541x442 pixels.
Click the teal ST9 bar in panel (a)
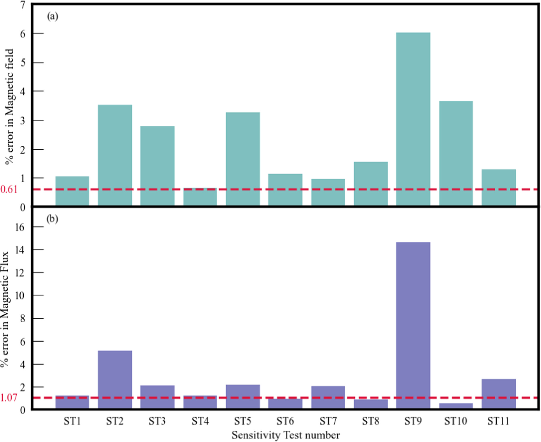[x=413, y=119]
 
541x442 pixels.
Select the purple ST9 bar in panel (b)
[x=413, y=325]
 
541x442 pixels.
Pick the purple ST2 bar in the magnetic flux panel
[x=115, y=379]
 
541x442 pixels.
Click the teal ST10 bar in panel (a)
[x=455, y=153]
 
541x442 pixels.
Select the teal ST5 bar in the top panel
[x=243, y=158]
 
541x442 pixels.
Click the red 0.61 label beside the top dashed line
[x=9, y=189]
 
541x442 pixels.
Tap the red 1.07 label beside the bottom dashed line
[x=9, y=397]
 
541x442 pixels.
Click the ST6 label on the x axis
[x=285, y=421]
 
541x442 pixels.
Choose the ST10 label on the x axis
[x=455, y=421]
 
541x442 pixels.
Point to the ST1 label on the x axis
[x=72, y=421]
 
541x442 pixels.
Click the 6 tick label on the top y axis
[x=23, y=34]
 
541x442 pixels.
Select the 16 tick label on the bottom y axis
[x=19, y=227]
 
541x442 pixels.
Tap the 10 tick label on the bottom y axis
[x=19, y=295]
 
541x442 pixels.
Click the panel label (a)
[x=52, y=17]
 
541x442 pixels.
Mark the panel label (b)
[x=52, y=219]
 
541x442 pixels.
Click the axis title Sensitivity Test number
[x=285, y=435]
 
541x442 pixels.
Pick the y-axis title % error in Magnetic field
[x=9, y=106]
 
